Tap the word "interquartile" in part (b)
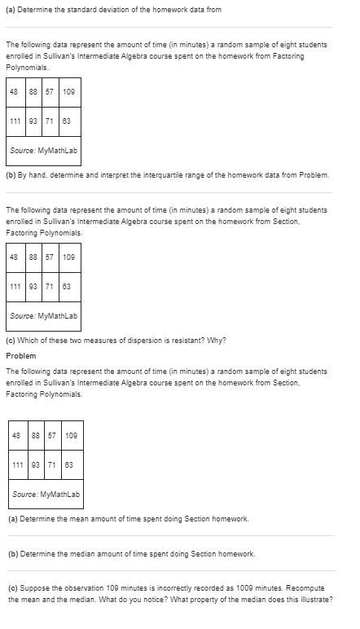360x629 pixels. click(154, 174)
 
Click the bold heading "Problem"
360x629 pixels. click(21, 355)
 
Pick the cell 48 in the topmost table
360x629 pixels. click(14, 91)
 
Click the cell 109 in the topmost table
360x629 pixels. click(68, 91)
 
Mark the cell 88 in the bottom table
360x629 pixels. click(35, 434)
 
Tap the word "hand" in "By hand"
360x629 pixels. click(42, 174)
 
